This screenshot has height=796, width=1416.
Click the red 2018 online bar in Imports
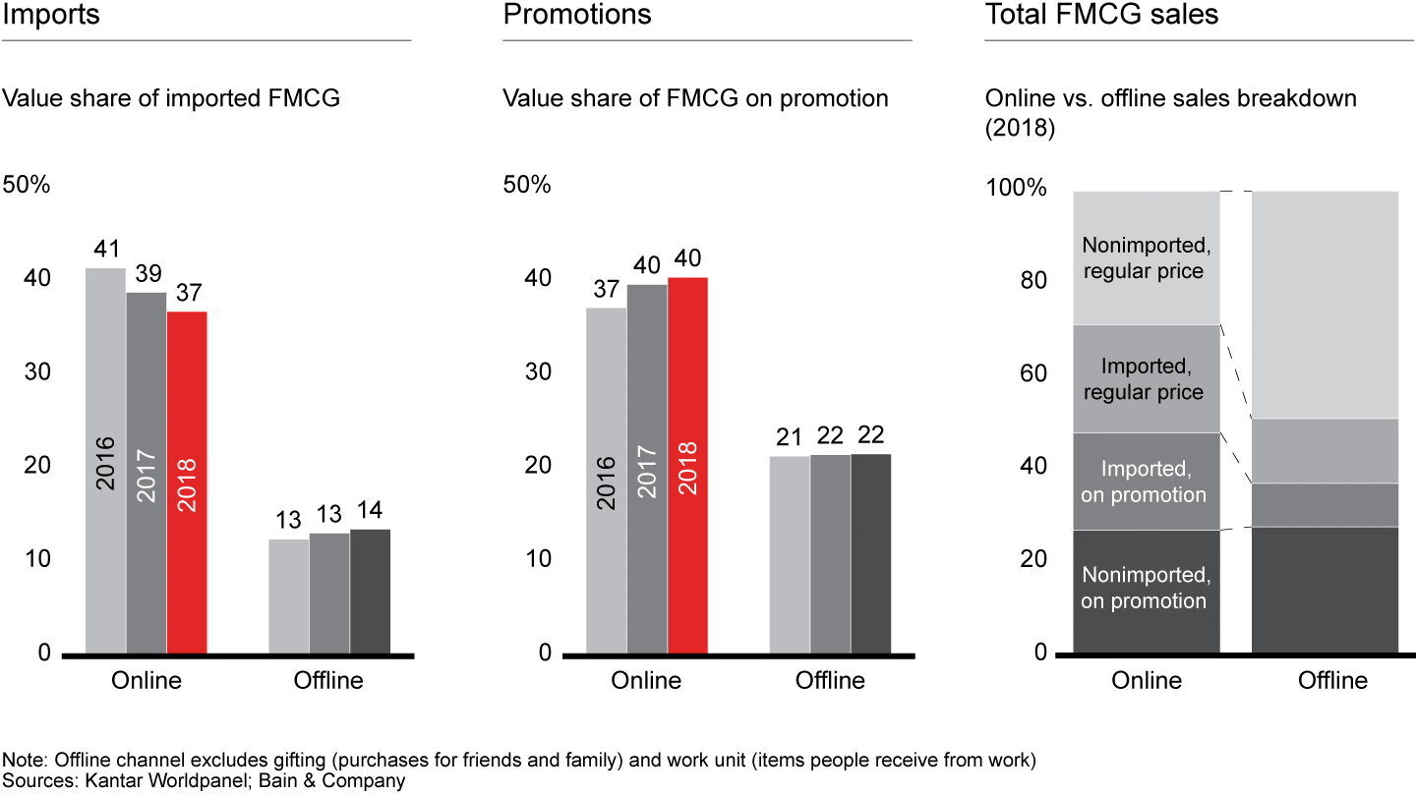point(187,482)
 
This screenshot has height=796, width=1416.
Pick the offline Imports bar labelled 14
point(370,591)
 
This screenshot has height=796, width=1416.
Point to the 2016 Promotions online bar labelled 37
point(606,481)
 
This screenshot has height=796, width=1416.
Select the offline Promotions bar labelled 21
point(790,554)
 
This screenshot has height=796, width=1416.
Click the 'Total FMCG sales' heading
point(1101,16)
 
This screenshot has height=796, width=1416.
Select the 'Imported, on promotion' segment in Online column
point(1146,482)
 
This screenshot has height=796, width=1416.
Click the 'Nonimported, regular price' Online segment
point(1146,257)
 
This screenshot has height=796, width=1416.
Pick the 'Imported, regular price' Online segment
point(1146,379)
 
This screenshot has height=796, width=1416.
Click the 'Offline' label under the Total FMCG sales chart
point(1332,680)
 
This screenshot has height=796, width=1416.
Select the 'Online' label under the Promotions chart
point(646,680)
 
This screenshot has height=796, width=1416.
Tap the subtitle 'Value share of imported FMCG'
point(172,98)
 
